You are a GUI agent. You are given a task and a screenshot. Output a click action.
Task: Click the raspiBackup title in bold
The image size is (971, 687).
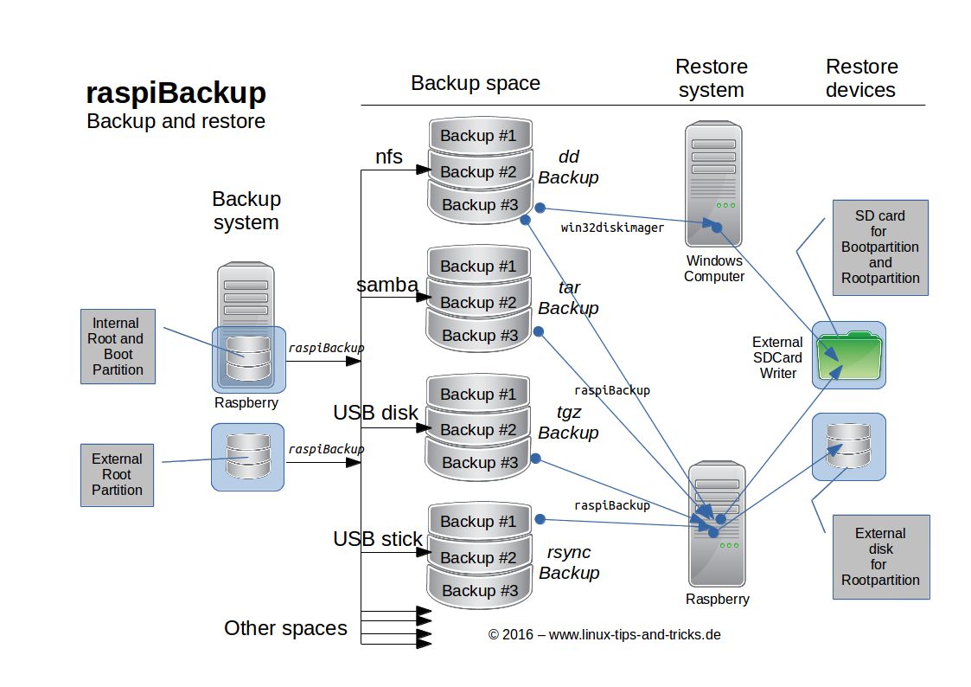click(x=176, y=93)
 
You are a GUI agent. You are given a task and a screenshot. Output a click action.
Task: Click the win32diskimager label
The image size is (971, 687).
click(x=612, y=228)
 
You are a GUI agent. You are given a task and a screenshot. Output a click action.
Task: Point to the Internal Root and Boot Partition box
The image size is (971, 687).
click(x=118, y=347)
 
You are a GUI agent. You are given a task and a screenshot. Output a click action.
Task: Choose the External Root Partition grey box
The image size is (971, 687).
click(x=117, y=474)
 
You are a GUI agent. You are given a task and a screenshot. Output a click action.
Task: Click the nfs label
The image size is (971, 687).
click(x=388, y=157)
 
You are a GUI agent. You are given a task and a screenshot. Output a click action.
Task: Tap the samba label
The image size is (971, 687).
click(x=387, y=285)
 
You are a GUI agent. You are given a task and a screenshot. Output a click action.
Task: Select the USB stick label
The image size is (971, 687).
click(x=378, y=539)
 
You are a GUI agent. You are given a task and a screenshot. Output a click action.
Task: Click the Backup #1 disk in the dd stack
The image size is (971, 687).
click(x=478, y=136)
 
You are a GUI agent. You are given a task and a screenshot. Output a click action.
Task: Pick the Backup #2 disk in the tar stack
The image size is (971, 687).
click(x=478, y=302)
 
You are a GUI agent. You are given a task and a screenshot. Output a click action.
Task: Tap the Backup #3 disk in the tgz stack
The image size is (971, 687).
click(x=479, y=463)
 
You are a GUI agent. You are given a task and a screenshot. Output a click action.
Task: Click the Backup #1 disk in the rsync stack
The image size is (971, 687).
click(x=478, y=522)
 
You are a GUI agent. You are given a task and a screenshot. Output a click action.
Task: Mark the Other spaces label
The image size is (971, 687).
click(x=285, y=628)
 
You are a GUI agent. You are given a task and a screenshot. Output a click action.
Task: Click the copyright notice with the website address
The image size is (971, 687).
click(x=604, y=634)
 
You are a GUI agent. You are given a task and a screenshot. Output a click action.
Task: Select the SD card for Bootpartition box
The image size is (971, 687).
click(x=880, y=247)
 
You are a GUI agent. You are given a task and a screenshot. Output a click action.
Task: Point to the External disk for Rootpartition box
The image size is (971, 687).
click(x=880, y=556)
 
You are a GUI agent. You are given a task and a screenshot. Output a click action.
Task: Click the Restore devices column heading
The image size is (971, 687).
click(x=861, y=78)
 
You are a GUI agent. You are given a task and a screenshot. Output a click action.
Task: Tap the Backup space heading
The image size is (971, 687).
click(x=475, y=83)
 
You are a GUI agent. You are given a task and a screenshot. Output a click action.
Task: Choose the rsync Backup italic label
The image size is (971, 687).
click(x=569, y=562)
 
